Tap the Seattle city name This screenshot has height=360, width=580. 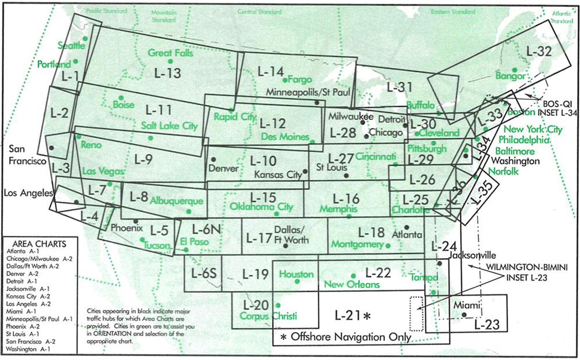pyautogui.click(x=71, y=45)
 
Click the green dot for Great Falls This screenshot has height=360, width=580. pyautogui.click(x=170, y=61)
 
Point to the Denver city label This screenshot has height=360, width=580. pyautogui.click(x=223, y=169)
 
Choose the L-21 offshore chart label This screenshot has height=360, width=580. pyautogui.click(x=352, y=316)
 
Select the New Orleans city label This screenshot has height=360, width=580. pyautogui.click(x=351, y=285)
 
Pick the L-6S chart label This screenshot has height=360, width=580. pyautogui.click(x=203, y=273)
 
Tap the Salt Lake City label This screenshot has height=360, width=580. pyautogui.click(x=169, y=125)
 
